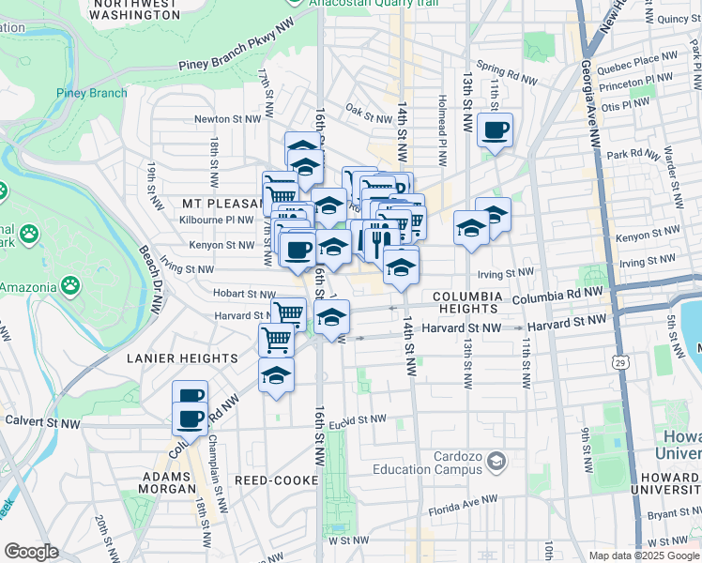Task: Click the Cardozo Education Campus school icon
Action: pyautogui.click(x=495, y=462)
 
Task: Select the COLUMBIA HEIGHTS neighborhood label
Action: pyautogui.click(x=465, y=302)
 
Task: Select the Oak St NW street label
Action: pyautogui.click(x=368, y=118)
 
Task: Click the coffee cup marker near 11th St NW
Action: pyautogui.click(x=495, y=131)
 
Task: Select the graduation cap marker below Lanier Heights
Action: pyautogui.click(x=276, y=376)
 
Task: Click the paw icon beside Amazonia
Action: pyautogui.click(x=70, y=284)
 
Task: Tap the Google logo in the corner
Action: pyautogui.click(x=31, y=552)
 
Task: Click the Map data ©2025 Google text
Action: pyautogui.click(x=643, y=555)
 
